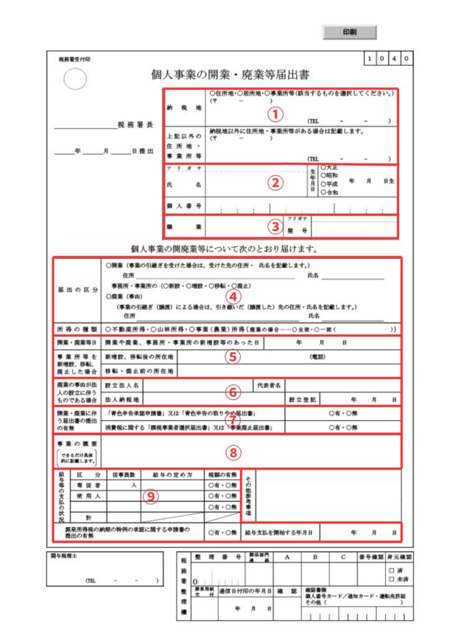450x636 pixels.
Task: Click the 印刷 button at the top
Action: pyautogui.click(x=349, y=32)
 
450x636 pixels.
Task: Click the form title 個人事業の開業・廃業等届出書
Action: pyautogui.click(x=231, y=75)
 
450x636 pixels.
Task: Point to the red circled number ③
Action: pyautogui.click(x=275, y=227)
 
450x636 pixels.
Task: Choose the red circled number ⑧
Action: pyautogui.click(x=232, y=452)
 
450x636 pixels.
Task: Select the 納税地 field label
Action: pyautogui.click(x=184, y=107)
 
